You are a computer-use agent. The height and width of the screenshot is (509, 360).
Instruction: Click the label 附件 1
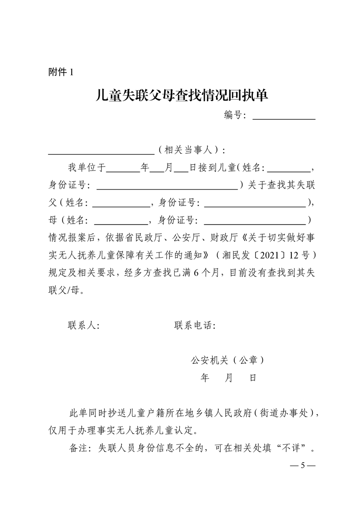[60, 72]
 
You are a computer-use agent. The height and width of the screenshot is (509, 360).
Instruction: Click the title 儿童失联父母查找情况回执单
[180, 96]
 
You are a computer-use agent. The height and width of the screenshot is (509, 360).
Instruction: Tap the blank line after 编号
[284, 119]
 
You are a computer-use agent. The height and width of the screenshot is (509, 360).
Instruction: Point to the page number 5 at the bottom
[302, 466]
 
